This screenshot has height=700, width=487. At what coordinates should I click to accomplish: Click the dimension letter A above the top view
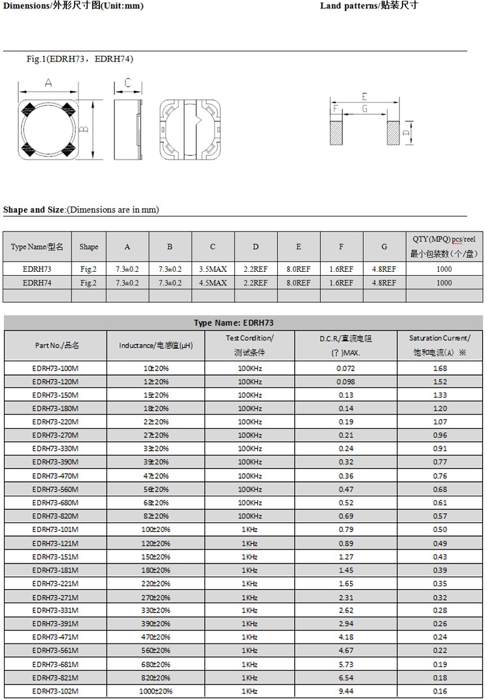click(x=49, y=83)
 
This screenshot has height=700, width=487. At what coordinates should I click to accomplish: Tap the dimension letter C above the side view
click(x=128, y=83)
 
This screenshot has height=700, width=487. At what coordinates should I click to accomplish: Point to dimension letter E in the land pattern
click(x=364, y=97)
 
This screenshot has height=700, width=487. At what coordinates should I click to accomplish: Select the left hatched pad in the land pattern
click(x=336, y=133)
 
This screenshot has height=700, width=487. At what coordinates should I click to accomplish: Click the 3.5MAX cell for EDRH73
click(x=213, y=269)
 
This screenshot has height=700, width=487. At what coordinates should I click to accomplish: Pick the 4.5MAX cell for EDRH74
click(x=213, y=283)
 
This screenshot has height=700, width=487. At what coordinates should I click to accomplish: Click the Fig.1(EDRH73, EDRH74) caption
click(x=79, y=59)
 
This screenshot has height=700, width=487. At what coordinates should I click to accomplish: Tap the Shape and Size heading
click(x=81, y=210)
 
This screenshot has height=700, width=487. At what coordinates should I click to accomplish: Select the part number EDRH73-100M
click(x=55, y=368)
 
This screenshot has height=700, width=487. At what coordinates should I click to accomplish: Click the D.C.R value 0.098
click(x=345, y=381)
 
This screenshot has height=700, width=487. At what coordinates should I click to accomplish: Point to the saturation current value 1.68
click(x=440, y=368)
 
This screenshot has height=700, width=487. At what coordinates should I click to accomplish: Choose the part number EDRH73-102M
click(x=55, y=691)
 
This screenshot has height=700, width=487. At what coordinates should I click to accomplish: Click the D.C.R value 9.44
click(x=345, y=691)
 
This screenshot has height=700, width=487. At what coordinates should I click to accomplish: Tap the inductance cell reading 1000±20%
click(x=156, y=691)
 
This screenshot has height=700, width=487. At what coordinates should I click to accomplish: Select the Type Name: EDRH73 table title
click(x=243, y=322)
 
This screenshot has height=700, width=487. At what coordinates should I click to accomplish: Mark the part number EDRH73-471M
click(x=55, y=637)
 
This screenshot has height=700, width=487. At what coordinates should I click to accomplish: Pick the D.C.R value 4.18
click(x=345, y=637)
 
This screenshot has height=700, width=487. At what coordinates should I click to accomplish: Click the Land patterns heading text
click(x=369, y=6)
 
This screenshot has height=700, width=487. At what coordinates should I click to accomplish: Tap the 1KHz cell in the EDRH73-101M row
click(x=250, y=529)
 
